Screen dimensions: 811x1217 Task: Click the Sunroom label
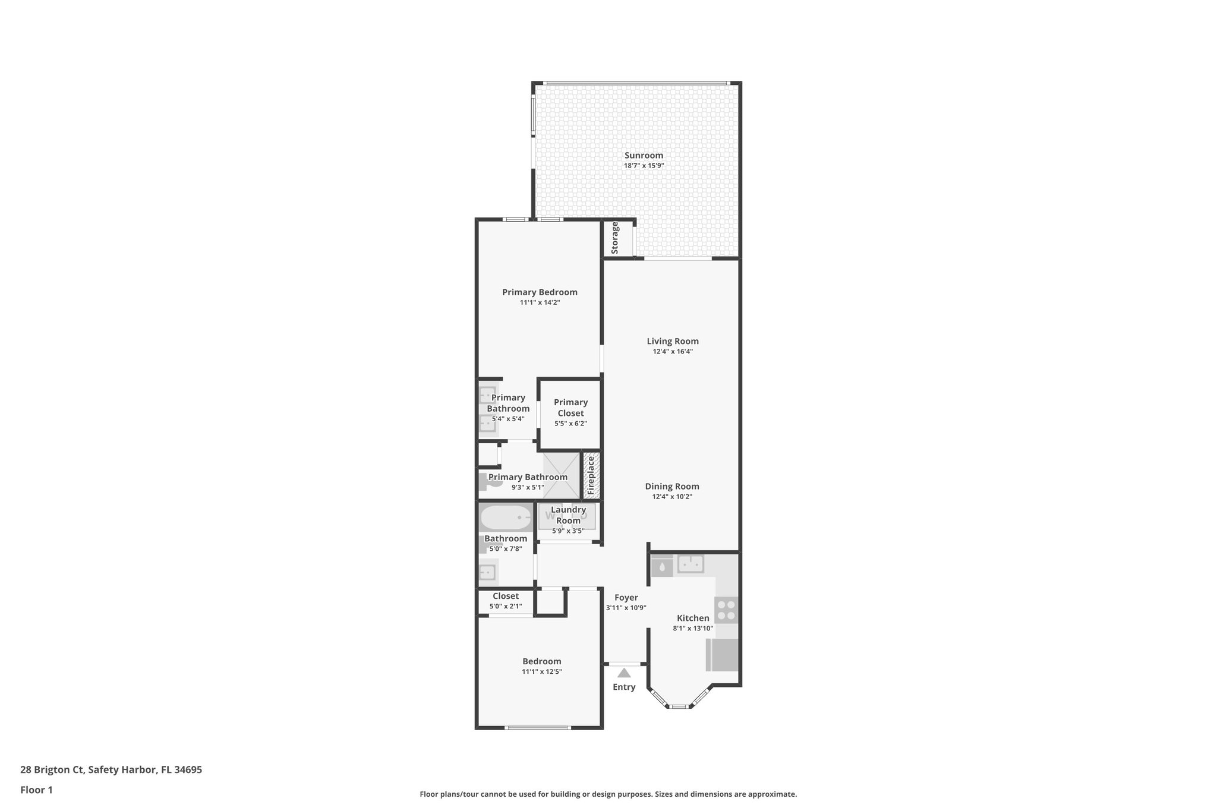[x=644, y=156]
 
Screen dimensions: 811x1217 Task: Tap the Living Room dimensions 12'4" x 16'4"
[x=673, y=352]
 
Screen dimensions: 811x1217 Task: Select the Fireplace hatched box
[x=591, y=475]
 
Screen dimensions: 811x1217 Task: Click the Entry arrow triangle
[x=623, y=673]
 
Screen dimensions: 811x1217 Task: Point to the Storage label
[x=615, y=238]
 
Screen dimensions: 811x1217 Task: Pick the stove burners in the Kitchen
[x=726, y=610]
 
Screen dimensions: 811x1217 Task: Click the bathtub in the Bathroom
[x=506, y=517]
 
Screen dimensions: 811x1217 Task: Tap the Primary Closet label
[x=570, y=408]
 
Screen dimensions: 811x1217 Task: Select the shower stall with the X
[x=562, y=475]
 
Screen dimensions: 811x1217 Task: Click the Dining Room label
[x=672, y=487]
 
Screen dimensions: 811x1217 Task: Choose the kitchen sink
[x=691, y=564]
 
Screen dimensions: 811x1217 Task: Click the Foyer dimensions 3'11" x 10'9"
[x=626, y=608]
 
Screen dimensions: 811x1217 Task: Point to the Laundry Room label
[x=568, y=515]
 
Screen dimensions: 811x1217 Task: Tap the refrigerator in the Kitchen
[x=723, y=654]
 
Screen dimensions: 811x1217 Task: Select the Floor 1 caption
[x=36, y=790]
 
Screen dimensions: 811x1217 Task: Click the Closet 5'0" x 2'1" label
[x=506, y=597]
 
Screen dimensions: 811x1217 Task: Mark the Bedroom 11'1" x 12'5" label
[x=542, y=662]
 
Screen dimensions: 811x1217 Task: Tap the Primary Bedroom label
[x=540, y=292]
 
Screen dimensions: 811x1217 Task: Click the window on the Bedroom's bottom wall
[x=538, y=727]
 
